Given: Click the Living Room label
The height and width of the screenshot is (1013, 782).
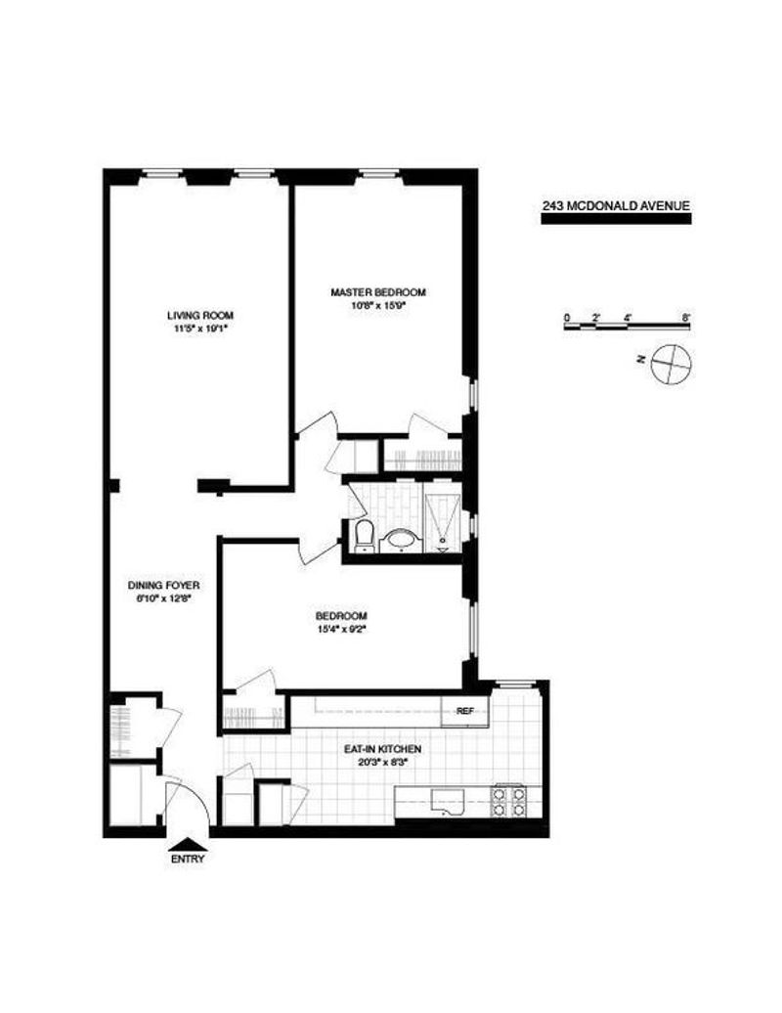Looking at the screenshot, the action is coord(200,315).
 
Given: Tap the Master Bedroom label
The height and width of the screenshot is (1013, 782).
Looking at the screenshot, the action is coord(377,292).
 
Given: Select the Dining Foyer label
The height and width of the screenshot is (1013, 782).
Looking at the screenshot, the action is coord(163,586).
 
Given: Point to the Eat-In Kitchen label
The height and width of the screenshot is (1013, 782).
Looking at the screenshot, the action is coord(382,749).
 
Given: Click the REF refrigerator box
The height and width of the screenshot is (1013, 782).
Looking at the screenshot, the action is coord(465,711).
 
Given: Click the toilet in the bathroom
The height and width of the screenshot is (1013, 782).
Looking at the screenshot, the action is coord(365,536).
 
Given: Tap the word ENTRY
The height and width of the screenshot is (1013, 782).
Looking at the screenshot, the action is coord(188,859).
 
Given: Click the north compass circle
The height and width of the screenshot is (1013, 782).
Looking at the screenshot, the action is coord(671,365).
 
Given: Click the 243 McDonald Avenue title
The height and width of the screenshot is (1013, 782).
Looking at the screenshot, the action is coord(616,206).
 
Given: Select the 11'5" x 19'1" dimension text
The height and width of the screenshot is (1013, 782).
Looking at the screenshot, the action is coord(200,329).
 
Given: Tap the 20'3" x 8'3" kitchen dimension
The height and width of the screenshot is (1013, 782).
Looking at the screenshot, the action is coord(382,761).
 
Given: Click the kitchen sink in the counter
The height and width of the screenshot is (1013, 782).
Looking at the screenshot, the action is coord(448,803).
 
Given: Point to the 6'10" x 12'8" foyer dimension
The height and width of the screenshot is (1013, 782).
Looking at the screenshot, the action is coord(163,598).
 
